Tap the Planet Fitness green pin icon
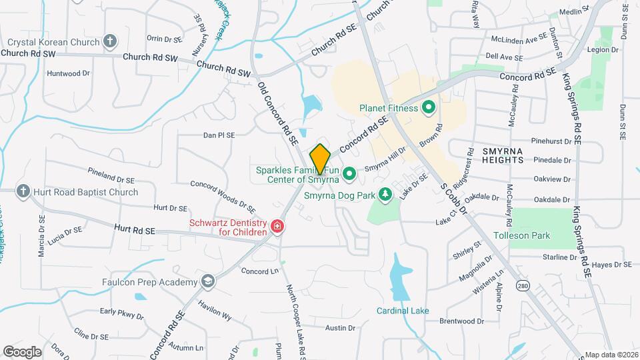pyautogui.click(x=429, y=107)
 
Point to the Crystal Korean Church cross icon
pyautogui.click(x=110, y=41)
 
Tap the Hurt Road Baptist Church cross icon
pyautogui.click(x=23, y=192)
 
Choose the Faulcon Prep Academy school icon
pyautogui.click(x=208, y=281)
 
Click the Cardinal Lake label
pyautogui.click(x=403, y=311)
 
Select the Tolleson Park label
pyautogui.click(x=521, y=235)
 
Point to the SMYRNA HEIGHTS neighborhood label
pyautogui.click(x=512, y=156)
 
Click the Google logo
pyautogui.click(x=22, y=351)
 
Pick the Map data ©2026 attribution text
pyautogui.click(x=611, y=355)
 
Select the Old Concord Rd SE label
pyautogui.click(x=278, y=113)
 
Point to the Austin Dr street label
pyautogui.click(x=340, y=327)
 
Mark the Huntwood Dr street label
pyautogui.click(x=69, y=73)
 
